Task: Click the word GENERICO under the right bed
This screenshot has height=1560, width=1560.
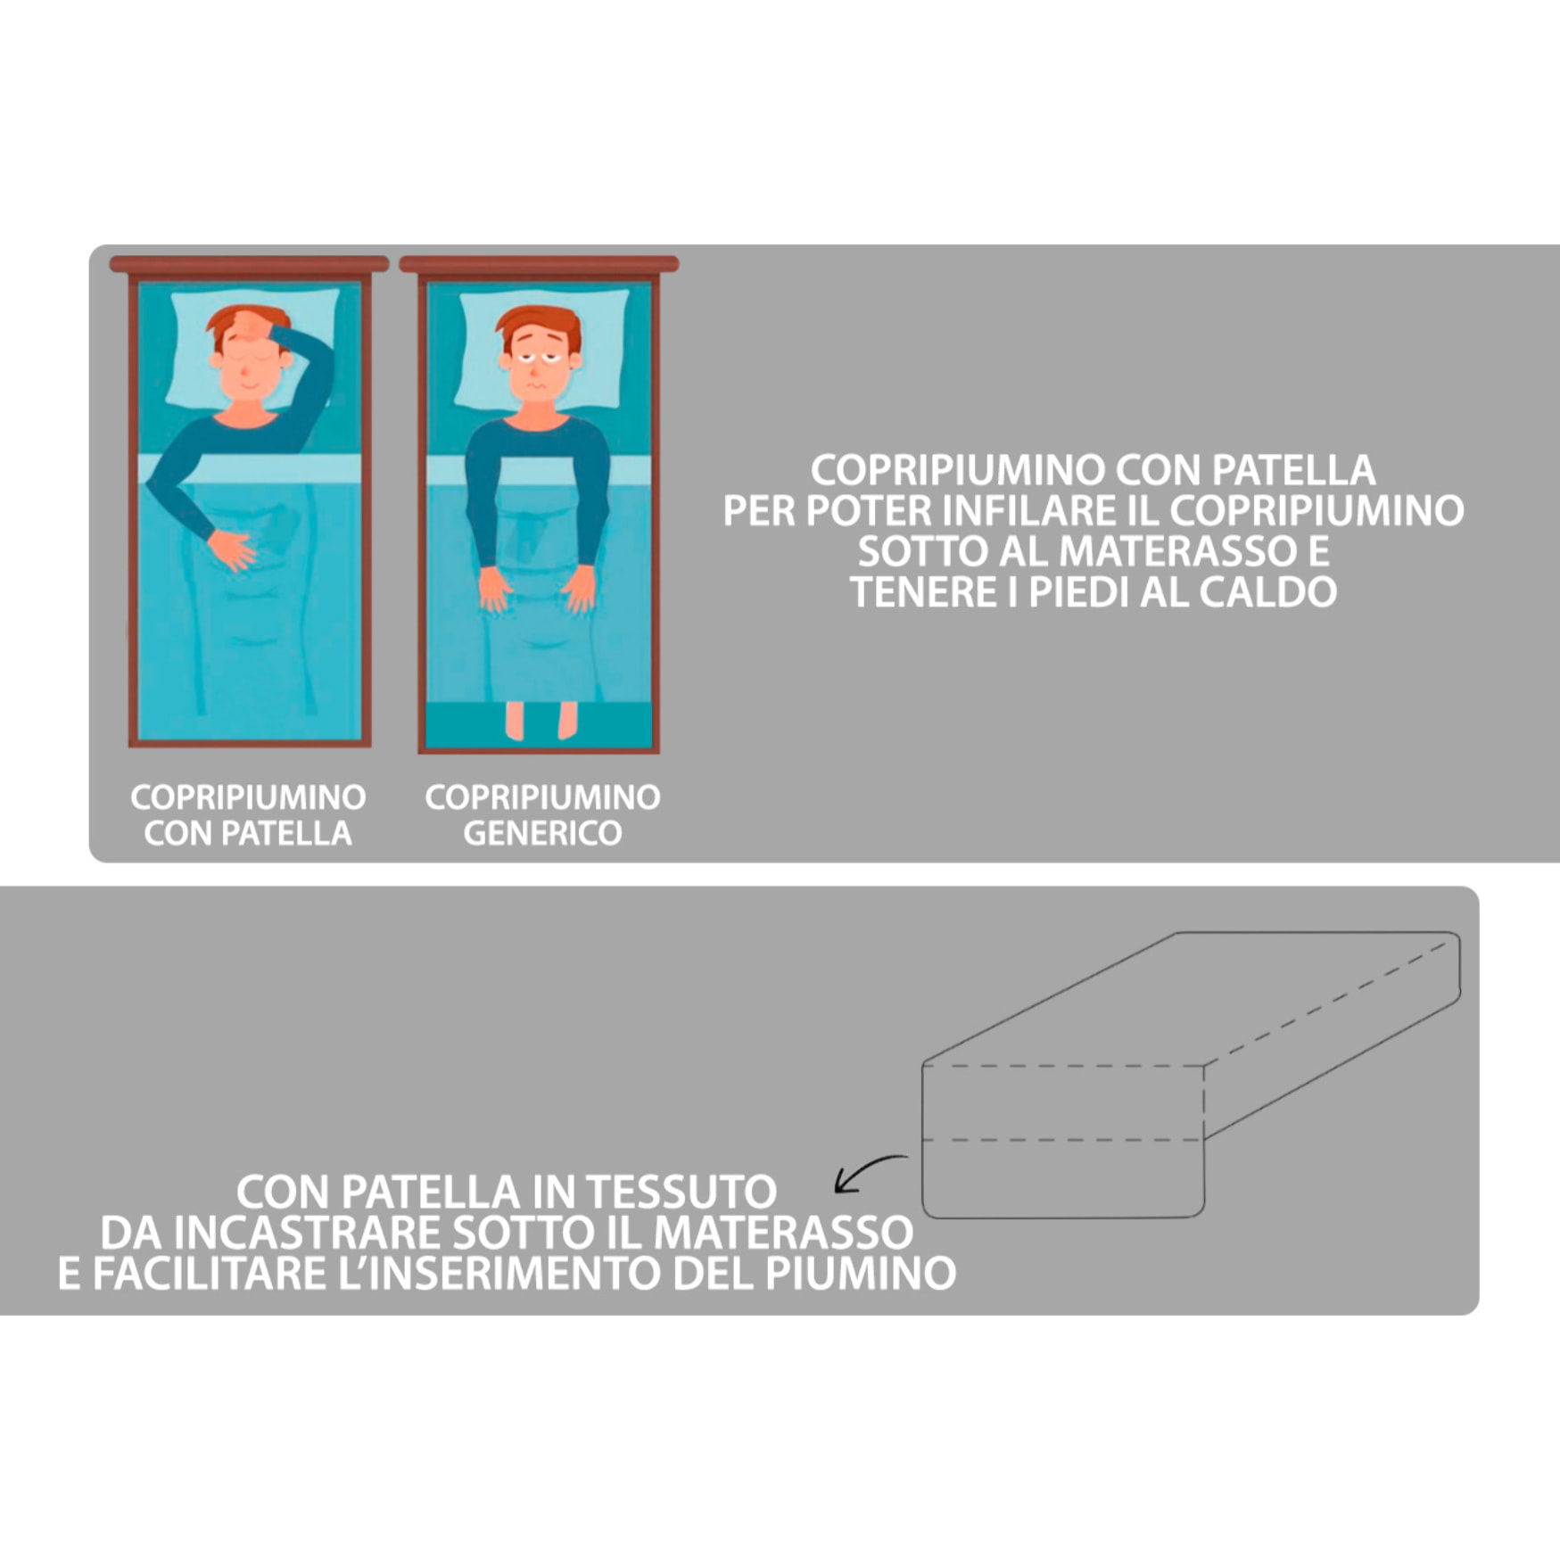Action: click(542, 833)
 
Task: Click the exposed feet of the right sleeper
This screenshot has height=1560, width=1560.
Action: click(541, 721)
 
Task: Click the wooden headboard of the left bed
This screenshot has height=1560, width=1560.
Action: click(249, 264)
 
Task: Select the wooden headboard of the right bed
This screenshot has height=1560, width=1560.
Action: click(539, 264)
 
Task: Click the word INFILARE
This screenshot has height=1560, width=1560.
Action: click(1009, 511)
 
